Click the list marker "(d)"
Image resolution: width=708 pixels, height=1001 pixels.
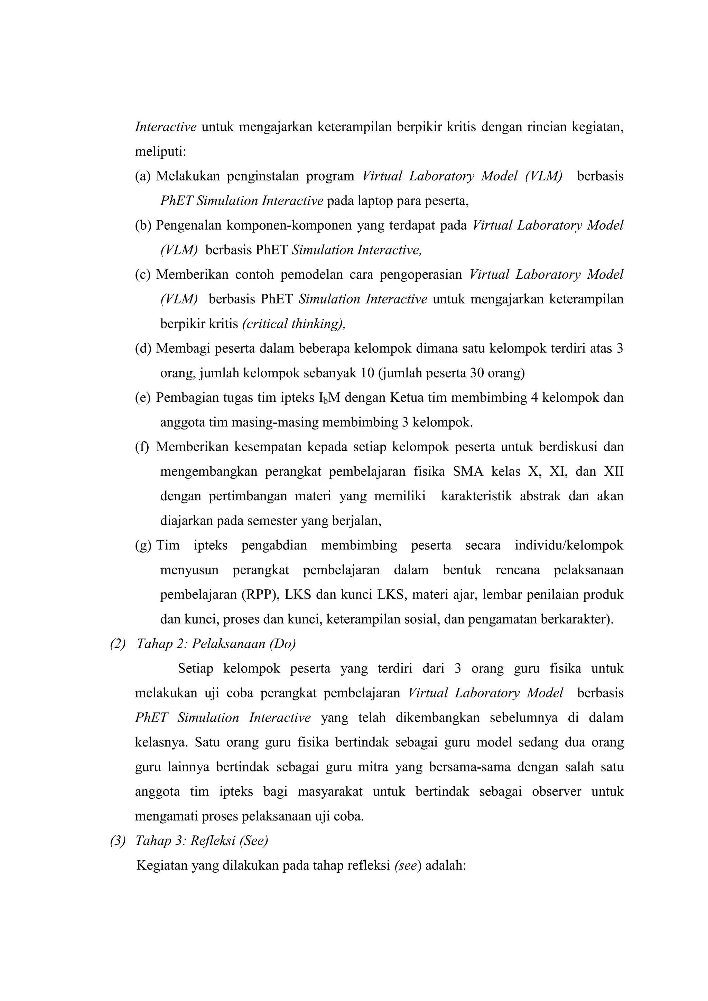[x=143, y=348]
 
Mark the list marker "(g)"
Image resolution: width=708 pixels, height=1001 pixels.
[x=143, y=545]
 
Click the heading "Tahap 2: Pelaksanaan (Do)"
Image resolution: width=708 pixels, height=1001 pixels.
[x=216, y=644]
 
